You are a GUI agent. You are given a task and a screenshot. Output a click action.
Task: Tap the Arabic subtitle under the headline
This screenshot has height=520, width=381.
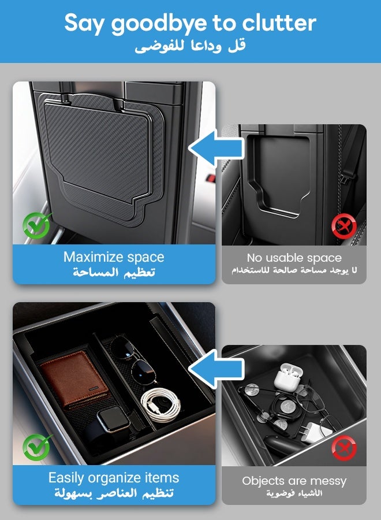pyautogui.click(x=190, y=46)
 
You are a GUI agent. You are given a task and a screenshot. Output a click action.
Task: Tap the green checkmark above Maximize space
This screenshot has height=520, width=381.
pyautogui.click(x=36, y=225)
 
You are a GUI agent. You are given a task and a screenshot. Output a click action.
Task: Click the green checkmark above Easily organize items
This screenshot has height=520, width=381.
pyautogui.click(x=36, y=447)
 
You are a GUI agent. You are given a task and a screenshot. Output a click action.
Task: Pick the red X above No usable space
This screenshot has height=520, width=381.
pyautogui.click(x=343, y=226)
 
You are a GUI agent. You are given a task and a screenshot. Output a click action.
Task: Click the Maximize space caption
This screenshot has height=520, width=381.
pyautogui.click(x=114, y=257)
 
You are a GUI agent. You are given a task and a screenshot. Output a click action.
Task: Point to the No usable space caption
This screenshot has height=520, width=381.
pyautogui.click(x=294, y=258)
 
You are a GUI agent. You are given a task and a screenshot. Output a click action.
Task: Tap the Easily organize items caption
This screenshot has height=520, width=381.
pyautogui.click(x=114, y=478)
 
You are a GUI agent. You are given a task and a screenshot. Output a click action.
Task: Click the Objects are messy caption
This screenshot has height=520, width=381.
pyautogui.click(x=294, y=481)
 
